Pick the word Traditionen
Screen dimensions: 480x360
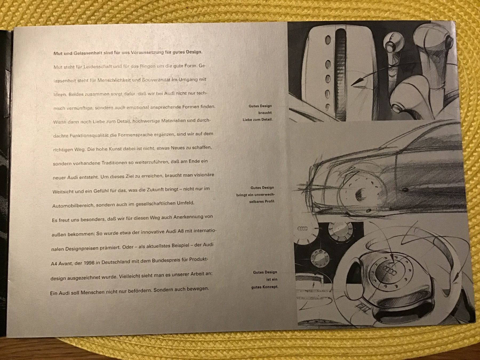click(x=115, y=162)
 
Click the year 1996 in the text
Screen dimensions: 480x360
click(x=89, y=262)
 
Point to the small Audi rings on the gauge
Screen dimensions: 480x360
click(x=302, y=229)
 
